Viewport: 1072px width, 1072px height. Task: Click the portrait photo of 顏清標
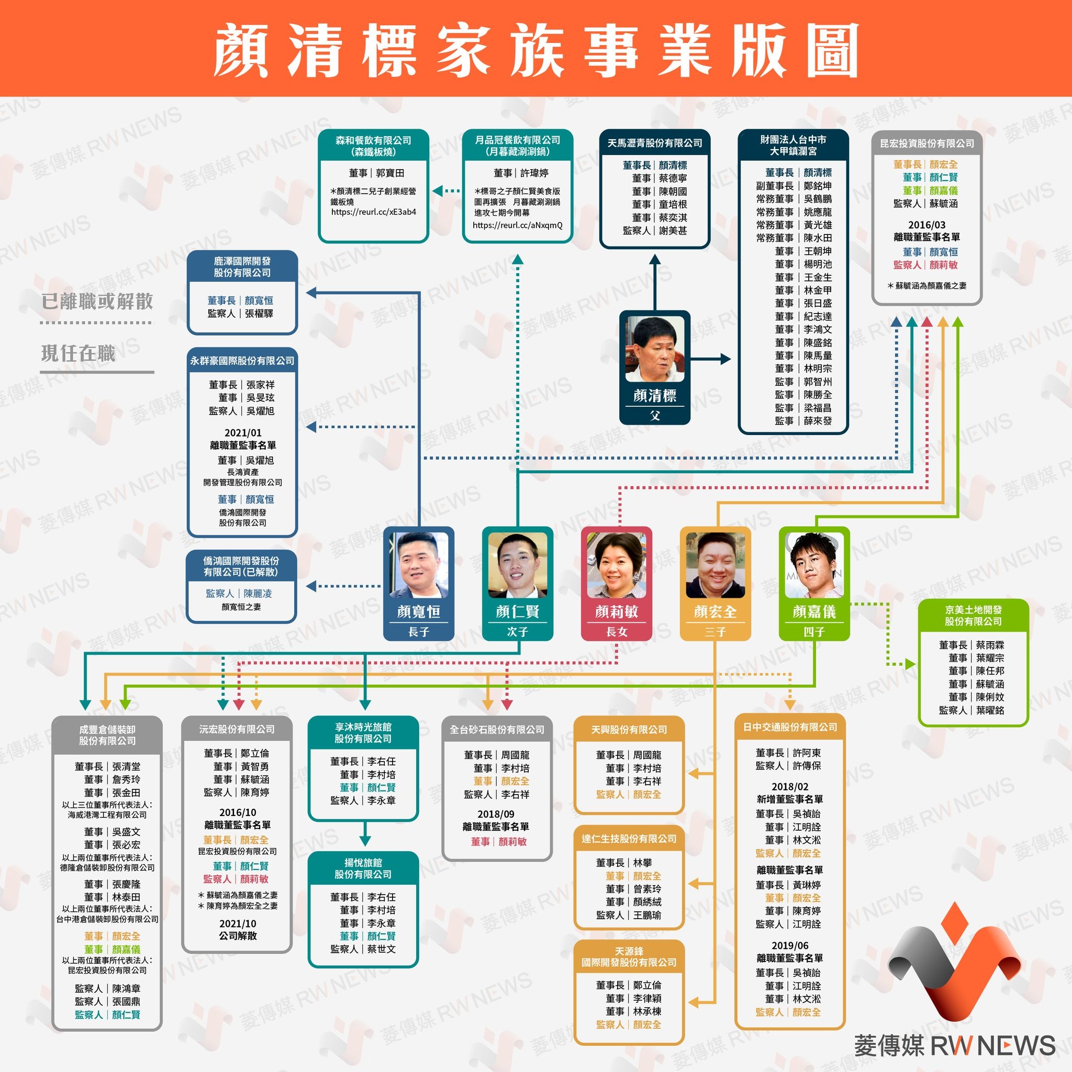pyautogui.click(x=655, y=350)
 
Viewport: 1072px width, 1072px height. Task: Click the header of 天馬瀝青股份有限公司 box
pyautogui.click(x=655, y=143)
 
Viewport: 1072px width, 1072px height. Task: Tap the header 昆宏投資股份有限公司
pyautogui.click(x=926, y=143)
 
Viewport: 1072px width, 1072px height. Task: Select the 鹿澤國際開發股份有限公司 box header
pyautogui.click(x=242, y=266)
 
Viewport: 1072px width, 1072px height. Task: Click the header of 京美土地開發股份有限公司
pyautogui.click(x=973, y=616)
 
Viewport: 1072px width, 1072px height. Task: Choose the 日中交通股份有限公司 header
pyautogui.click(x=790, y=727)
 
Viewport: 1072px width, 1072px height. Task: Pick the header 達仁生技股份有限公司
pyautogui.click(x=629, y=839)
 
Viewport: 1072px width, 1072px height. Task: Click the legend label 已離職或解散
pyautogui.click(x=97, y=301)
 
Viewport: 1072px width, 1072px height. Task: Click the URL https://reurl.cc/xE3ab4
pyautogui.click(x=373, y=212)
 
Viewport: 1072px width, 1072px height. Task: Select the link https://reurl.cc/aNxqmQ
pyautogui.click(x=518, y=225)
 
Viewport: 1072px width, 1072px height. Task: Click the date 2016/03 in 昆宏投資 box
pyautogui.click(x=926, y=225)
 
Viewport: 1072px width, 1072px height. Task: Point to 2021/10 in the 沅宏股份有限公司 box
pyautogui.click(x=238, y=923)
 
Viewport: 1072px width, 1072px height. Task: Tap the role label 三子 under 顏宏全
pyautogui.click(x=715, y=631)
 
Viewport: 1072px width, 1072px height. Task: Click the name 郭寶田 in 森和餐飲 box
pyautogui.click(x=390, y=173)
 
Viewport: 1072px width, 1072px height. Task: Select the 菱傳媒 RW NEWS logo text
pyautogui.click(x=954, y=1045)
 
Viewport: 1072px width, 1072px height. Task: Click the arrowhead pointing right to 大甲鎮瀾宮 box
pyautogui.click(x=726, y=359)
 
